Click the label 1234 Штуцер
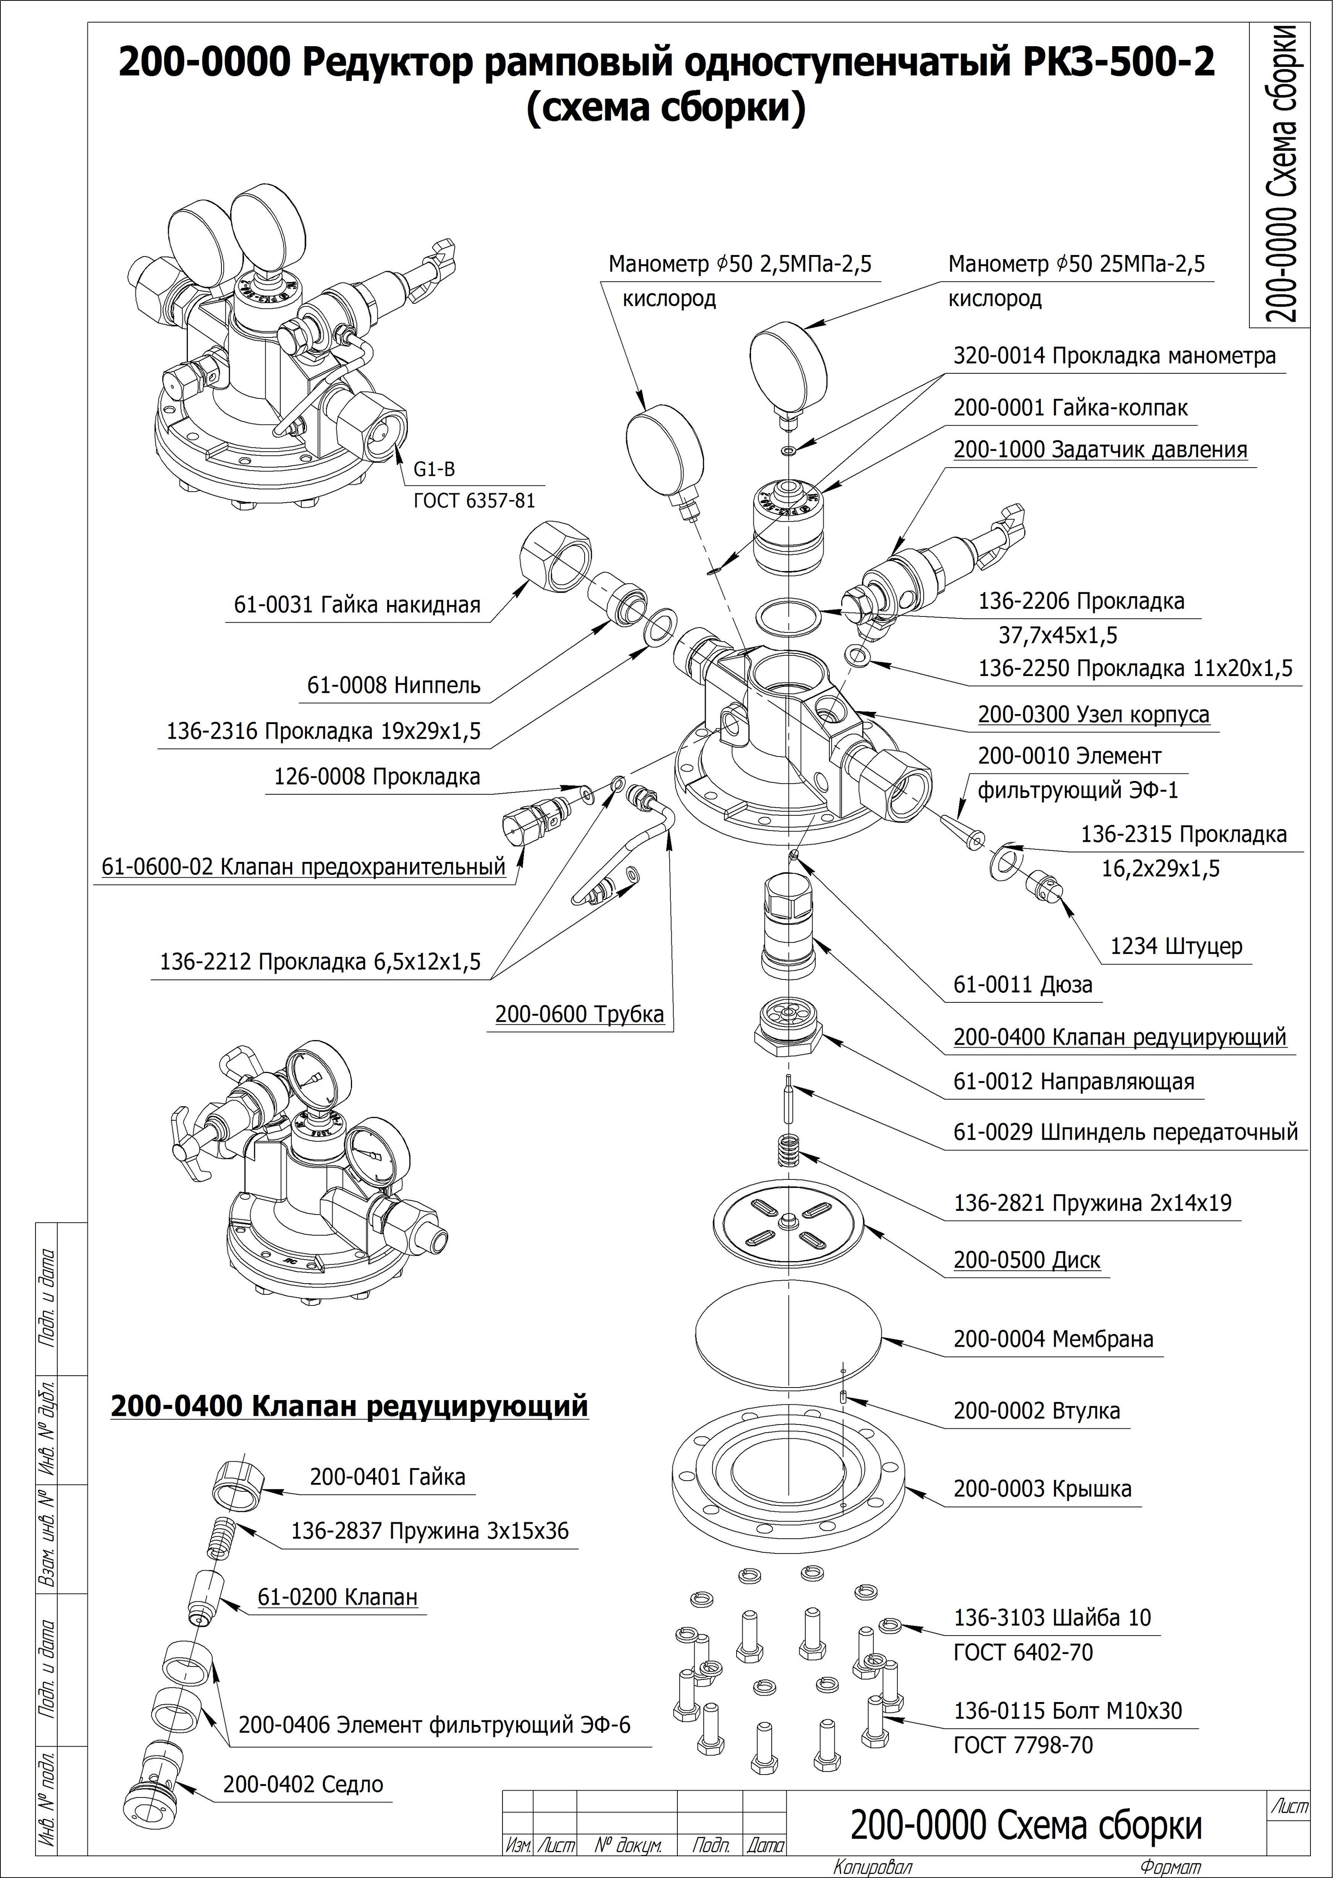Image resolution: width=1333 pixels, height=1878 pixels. pos(1175,946)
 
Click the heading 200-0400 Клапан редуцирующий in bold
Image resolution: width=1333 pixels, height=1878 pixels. pos(349,1405)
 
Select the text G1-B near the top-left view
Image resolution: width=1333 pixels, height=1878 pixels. pos(433,469)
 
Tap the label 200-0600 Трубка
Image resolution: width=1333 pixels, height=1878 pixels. pos(578,1014)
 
